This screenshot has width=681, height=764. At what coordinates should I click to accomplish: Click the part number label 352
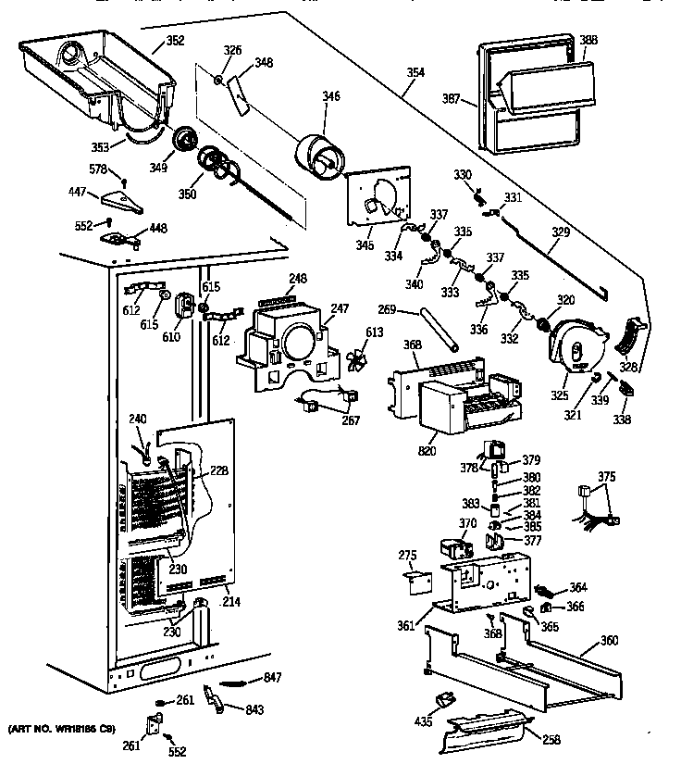pyautogui.click(x=175, y=40)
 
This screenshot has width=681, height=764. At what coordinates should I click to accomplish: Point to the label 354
pyautogui.click(x=415, y=72)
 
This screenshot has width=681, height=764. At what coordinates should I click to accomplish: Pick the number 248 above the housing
pyautogui.click(x=297, y=280)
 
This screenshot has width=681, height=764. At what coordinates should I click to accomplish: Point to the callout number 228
pyautogui.click(x=218, y=470)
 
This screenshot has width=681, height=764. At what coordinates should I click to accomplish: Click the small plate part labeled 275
pyautogui.click(x=419, y=582)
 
